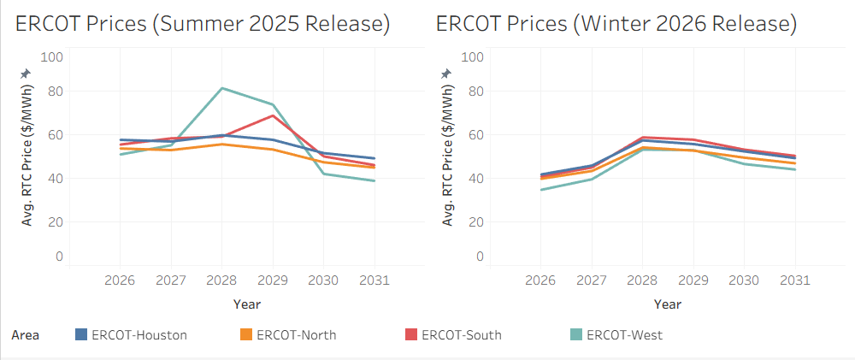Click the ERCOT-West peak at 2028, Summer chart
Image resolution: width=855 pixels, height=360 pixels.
tap(221, 88)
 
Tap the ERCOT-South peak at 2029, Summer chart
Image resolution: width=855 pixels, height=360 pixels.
tap(273, 115)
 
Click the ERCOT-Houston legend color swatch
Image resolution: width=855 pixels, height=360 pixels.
tap(82, 335)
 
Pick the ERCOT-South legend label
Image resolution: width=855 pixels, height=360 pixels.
tap(462, 335)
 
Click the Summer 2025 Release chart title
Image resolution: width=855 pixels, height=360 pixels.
tap(203, 24)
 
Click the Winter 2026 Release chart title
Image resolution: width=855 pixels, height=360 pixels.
tap(616, 24)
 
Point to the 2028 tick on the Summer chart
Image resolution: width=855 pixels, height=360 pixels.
tap(221, 280)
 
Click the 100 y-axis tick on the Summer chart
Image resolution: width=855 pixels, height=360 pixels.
tap(53, 56)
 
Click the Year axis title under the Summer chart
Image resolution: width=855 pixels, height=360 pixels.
tap(246, 304)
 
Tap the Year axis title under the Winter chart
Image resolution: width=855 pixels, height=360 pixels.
tap(667, 304)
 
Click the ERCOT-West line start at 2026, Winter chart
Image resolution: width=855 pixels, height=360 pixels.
tap(540, 189)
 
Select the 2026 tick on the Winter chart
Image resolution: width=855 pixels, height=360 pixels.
tap(540, 280)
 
